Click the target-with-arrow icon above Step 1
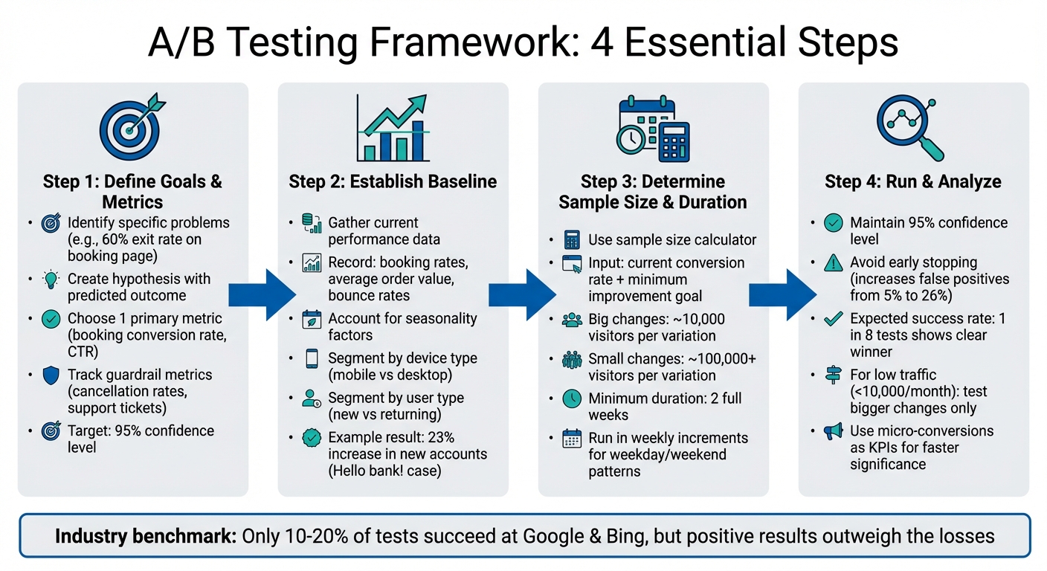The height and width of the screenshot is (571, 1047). [132, 127]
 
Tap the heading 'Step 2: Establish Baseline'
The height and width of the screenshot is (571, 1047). [393, 182]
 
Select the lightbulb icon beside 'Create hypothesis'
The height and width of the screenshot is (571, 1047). [51, 280]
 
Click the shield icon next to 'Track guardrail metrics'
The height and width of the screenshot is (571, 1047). [51, 375]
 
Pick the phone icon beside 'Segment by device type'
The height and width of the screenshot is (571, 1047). [312, 359]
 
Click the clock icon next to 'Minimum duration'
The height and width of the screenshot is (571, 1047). [572, 399]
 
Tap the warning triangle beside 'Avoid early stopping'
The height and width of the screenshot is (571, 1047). [833, 263]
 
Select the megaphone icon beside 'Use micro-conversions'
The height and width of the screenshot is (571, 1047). [833, 431]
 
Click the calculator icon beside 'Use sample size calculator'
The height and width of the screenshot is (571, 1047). [572, 240]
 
